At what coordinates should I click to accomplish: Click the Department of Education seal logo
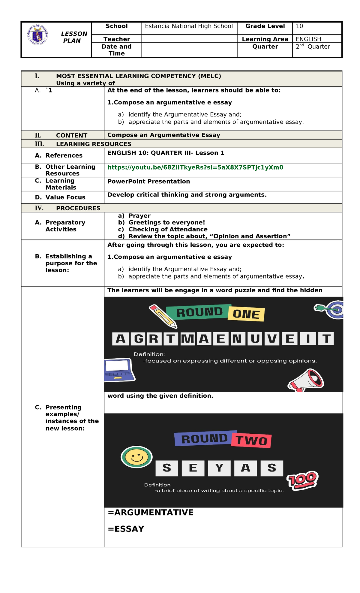coord(37,35)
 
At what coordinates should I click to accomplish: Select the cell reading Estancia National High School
coord(189,26)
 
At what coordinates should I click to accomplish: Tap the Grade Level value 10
coord(299,26)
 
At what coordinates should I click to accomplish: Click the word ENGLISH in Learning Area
coord(308,39)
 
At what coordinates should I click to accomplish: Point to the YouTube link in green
coord(195,167)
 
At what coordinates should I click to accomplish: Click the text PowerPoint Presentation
coord(148,182)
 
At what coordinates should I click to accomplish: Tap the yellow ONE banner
coord(246,314)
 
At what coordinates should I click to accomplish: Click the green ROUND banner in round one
coord(199,312)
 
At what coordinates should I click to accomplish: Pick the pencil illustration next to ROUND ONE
coord(163,316)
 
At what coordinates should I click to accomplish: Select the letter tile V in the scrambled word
coord(272,339)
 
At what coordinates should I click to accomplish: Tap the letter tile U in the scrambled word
coord(255,339)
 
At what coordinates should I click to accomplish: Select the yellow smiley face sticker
coord(136,457)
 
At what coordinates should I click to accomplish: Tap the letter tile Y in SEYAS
coord(219,468)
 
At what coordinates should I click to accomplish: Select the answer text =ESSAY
coord(126,529)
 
